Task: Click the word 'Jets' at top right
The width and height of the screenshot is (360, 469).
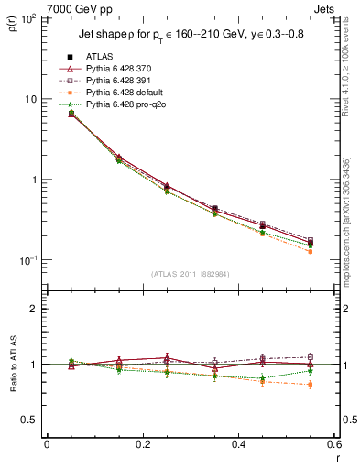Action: tap(324, 7)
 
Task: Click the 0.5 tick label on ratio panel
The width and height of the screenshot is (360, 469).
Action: tap(30, 420)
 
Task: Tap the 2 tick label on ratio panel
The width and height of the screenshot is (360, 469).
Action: tap(35, 310)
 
